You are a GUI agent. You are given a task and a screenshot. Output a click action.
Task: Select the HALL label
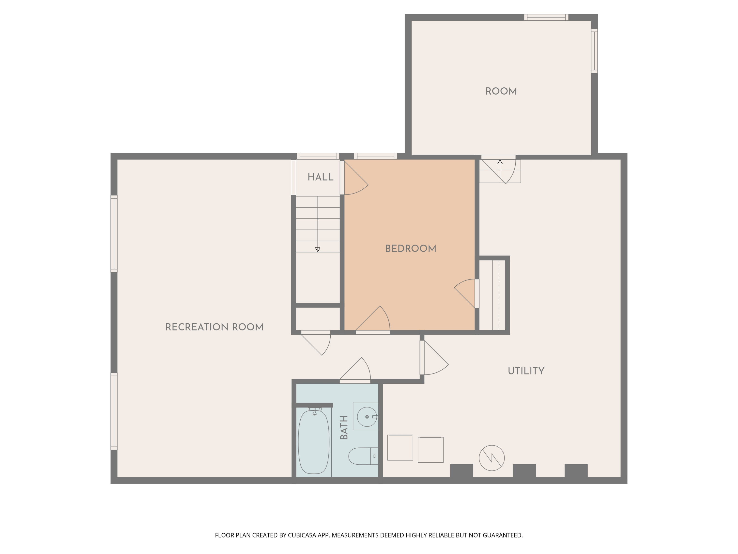click(320, 177)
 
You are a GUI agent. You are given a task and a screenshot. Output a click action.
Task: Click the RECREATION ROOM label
click(214, 327)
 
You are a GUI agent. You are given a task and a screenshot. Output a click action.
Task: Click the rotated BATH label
click(344, 427)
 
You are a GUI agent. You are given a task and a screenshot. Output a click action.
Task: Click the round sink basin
click(367, 417)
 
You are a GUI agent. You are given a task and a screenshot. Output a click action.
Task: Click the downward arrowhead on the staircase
click(318, 249)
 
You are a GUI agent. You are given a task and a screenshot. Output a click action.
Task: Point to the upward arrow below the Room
click(500, 163)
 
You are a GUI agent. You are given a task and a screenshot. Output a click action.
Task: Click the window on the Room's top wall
click(546, 17)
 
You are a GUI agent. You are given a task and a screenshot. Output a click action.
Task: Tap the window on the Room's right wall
click(594, 51)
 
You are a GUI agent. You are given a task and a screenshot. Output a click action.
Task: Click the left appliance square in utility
click(400, 447)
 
